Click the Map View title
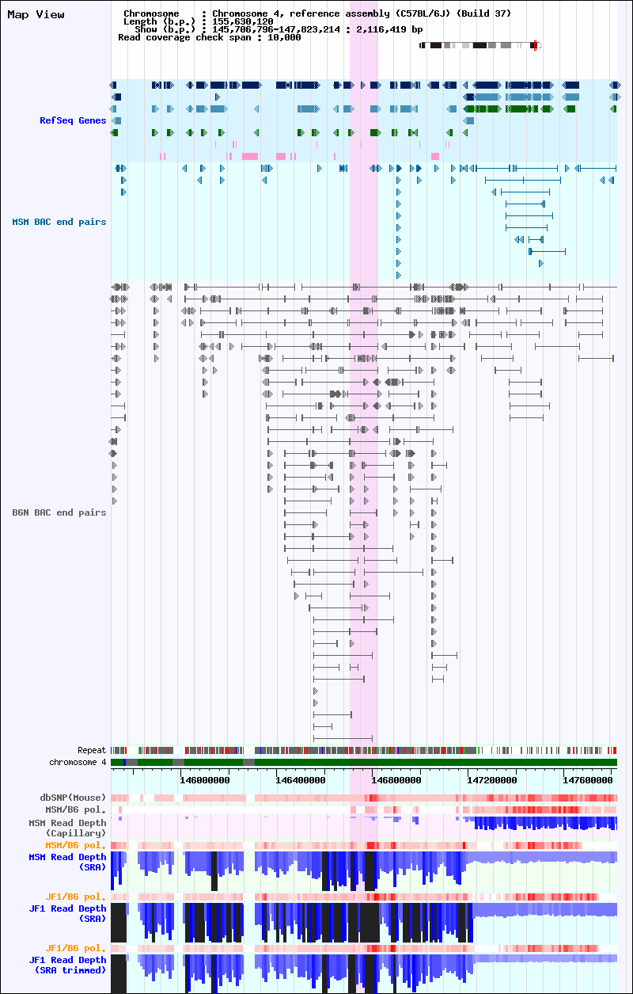point(36,14)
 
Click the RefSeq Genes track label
point(73,120)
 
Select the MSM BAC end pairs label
point(59,222)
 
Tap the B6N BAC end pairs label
point(59,512)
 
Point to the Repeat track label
point(92,750)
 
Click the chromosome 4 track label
point(78,763)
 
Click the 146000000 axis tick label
point(205,780)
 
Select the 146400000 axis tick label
point(301,780)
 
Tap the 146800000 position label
point(396,780)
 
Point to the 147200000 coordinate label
point(492,780)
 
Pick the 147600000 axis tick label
point(588,780)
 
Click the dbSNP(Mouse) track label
point(73,798)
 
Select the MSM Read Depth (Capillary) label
point(67,828)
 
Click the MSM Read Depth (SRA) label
point(67,863)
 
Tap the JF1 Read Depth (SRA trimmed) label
point(67,965)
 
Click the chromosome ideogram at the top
point(480,45)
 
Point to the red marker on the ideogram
point(536,45)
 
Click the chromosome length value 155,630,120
point(243,21)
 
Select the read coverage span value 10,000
point(284,38)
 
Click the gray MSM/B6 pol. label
point(76,809)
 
